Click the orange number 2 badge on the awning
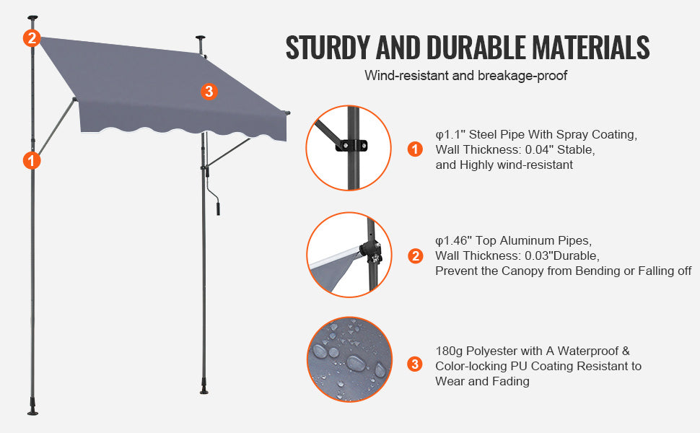(x=30, y=38)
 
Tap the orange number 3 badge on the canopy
(x=209, y=91)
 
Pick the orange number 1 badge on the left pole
(x=31, y=160)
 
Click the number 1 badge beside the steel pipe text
(x=415, y=149)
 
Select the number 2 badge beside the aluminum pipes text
(x=415, y=256)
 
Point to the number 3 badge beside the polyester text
(x=415, y=364)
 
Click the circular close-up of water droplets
(x=349, y=359)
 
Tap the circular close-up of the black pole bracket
(x=349, y=148)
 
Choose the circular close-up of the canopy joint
(x=349, y=254)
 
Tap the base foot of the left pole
(x=32, y=407)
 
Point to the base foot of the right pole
(x=205, y=390)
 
